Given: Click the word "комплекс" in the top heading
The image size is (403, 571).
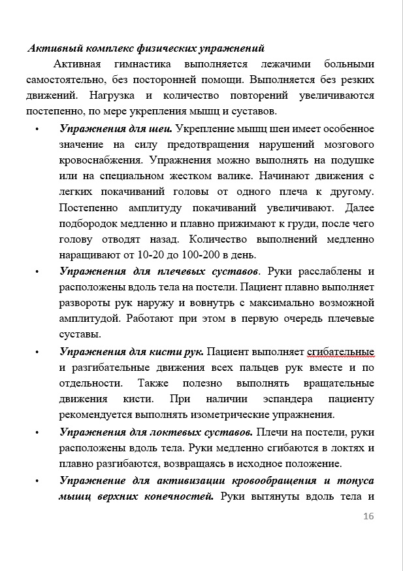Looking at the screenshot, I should point(99,48).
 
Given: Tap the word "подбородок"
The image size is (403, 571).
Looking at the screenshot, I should point(89,223).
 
